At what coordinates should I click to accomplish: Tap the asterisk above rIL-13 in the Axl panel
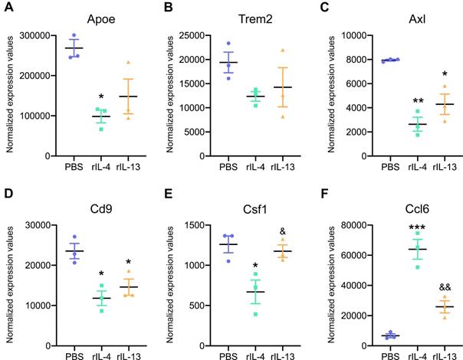pos(424,75)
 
